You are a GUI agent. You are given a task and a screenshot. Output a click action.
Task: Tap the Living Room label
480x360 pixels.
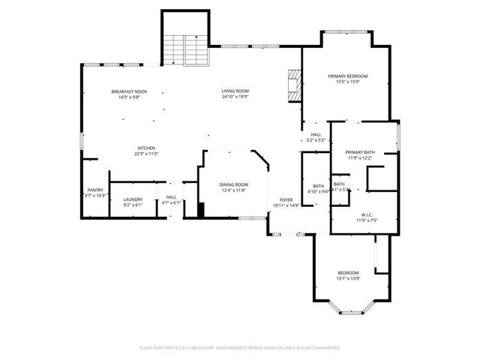click(x=235, y=91)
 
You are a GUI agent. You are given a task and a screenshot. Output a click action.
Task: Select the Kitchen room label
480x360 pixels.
click(x=146, y=148)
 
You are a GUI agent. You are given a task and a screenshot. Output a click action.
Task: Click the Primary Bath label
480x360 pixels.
click(x=360, y=152)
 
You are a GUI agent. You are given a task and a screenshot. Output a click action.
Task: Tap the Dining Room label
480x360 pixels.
click(x=234, y=184)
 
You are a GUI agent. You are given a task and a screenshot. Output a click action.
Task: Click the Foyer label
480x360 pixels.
click(x=286, y=199)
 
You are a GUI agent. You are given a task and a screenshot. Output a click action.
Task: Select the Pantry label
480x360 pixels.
click(x=95, y=190)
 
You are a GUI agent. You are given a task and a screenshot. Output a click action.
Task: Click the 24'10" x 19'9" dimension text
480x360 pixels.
click(x=235, y=97)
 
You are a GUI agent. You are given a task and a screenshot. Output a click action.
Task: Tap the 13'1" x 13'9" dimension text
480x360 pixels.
click(x=348, y=278)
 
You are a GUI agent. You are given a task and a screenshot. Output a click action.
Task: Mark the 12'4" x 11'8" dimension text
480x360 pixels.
click(x=234, y=190)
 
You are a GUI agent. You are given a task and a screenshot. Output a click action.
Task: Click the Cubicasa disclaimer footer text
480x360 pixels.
click(x=240, y=348)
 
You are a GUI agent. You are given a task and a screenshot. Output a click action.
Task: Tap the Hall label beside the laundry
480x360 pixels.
click(x=171, y=198)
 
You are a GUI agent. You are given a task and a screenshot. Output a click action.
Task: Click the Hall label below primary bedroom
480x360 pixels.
click(x=316, y=135)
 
